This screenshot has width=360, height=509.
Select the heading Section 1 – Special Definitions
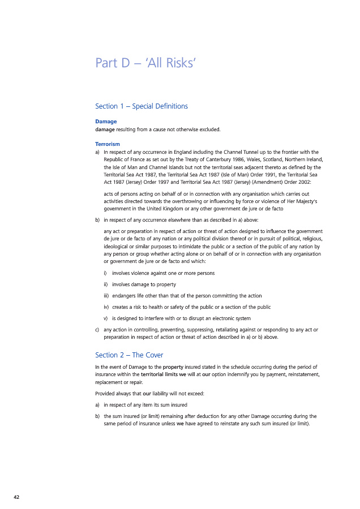click(x=142, y=106)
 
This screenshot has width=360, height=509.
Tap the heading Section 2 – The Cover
click(x=129, y=355)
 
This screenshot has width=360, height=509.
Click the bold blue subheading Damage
click(x=106, y=122)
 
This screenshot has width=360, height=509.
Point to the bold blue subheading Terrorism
click(x=108, y=144)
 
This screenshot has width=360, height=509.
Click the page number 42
click(x=16, y=497)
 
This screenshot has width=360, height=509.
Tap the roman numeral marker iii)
click(x=106, y=296)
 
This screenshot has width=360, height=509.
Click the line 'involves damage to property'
click(x=144, y=284)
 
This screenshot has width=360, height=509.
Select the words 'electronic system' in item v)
click(x=230, y=318)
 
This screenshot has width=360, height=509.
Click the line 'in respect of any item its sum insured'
click(x=145, y=405)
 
